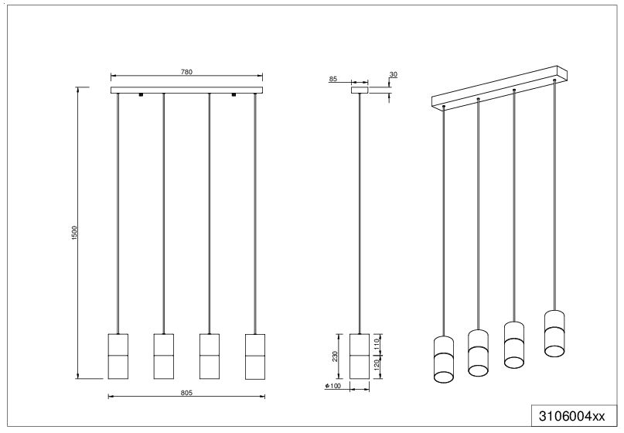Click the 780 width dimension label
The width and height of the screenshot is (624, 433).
(x=186, y=72)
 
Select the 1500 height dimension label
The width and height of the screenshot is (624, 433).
(x=74, y=233)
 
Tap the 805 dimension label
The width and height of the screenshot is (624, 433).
(x=186, y=393)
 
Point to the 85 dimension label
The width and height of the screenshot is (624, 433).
(x=333, y=79)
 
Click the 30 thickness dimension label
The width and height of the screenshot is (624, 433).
(x=393, y=74)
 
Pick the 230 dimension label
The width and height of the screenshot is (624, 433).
(x=335, y=356)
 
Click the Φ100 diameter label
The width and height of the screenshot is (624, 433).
(x=333, y=386)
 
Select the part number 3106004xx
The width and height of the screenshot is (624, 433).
(x=572, y=416)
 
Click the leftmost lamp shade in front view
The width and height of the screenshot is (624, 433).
(x=118, y=356)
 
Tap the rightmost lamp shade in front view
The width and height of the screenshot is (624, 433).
(x=255, y=356)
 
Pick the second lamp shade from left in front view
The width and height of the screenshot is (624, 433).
(x=164, y=356)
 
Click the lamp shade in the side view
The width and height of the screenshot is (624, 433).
(x=360, y=356)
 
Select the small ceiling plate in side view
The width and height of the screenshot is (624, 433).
(x=360, y=90)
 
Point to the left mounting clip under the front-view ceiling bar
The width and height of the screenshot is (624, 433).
(x=141, y=94)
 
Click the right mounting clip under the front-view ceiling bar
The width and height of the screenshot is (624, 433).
(x=234, y=94)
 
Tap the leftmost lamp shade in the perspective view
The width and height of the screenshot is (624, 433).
(x=444, y=359)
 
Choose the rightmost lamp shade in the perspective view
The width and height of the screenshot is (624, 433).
(x=554, y=332)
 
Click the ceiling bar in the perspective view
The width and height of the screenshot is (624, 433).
(x=500, y=87)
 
